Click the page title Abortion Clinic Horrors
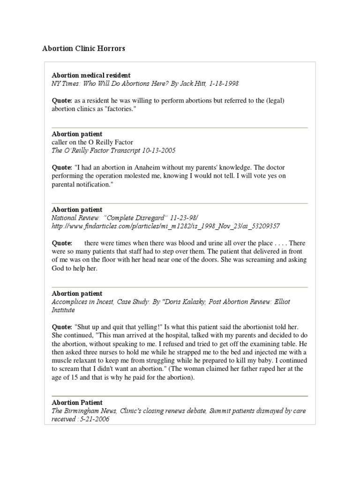pyautogui.click(x=84, y=49)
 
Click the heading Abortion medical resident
pyautogui.click(x=91, y=75)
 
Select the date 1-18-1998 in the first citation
pyautogui.click(x=224, y=83)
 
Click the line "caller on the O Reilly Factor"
pyautogui.click(x=92, y=142)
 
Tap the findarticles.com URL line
pyautogui.click(x=165, y=226)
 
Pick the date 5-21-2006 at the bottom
pyautogui.click(x=98, y=419)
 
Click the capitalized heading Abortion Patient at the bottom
pyautogui.click(x=77, y=403)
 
